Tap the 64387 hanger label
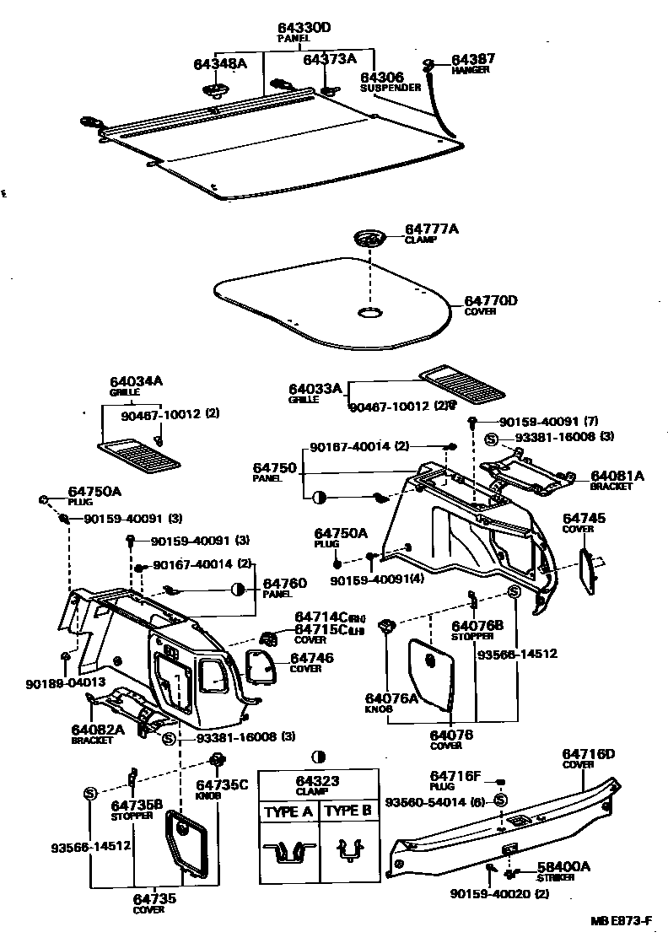coord(473,59)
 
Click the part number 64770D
coord(490,299)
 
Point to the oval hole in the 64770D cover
coord(369,314)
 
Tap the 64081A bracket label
coord(617,476)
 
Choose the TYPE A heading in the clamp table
coord(288,811)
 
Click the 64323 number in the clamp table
coord(317,781)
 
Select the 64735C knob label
coord(223,784)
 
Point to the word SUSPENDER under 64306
coord(390,87)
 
